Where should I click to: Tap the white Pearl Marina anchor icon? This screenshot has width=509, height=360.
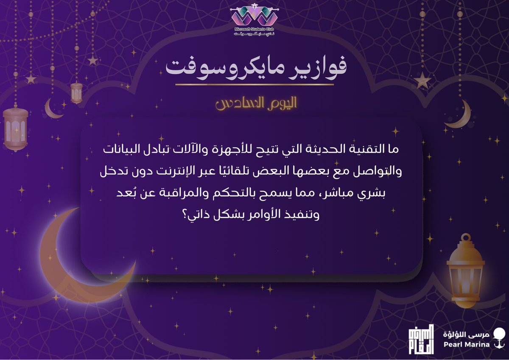[x=501, y=338]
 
